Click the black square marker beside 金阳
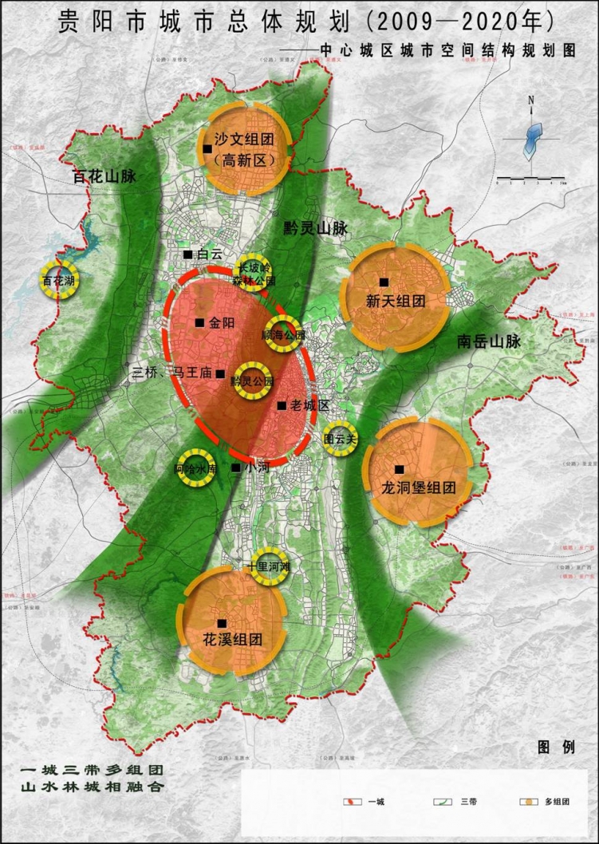(199, 323)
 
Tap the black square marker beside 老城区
(282, 406)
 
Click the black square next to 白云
(187, 254)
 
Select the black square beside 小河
(236, 467)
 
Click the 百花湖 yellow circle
(59, 281)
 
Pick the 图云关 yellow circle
(339, 438)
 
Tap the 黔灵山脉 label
(316, 228)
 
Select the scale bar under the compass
(530, 178)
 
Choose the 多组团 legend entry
(543, 801)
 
